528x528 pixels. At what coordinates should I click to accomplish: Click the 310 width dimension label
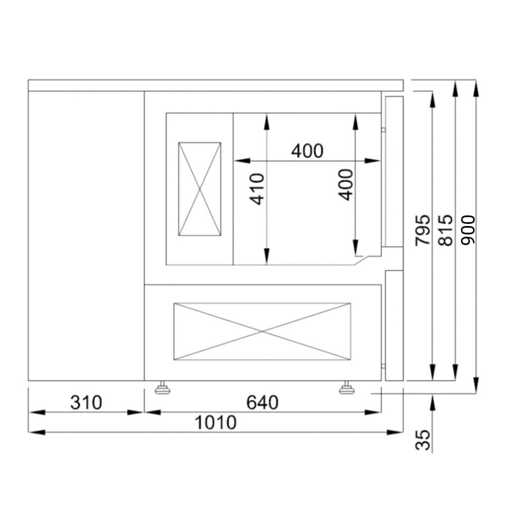pyautogui.click(x=86, y=402)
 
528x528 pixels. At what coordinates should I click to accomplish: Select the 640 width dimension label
pyautogui.click(x=262, y=402)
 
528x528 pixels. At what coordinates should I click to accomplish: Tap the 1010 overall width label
pyautogui.click(x=215, y=422)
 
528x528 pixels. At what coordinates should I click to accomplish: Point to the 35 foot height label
pyautogui.click(x=423, y=440)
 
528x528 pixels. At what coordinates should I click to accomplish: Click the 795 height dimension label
pyautogui.click(x=423, y=230)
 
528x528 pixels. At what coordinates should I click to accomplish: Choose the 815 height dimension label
pyautogui.click(x=445, y=230)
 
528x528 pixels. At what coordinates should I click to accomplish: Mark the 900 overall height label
pyautogui.click(x=468, y=230)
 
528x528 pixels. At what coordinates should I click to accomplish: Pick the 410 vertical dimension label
pyautogui.click(x=257, y=189)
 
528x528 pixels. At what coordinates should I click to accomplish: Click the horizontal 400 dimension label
pyautogui.click(x=307, y=151)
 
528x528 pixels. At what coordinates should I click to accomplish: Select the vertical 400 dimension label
pyautogui.click(x=345, y=185)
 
